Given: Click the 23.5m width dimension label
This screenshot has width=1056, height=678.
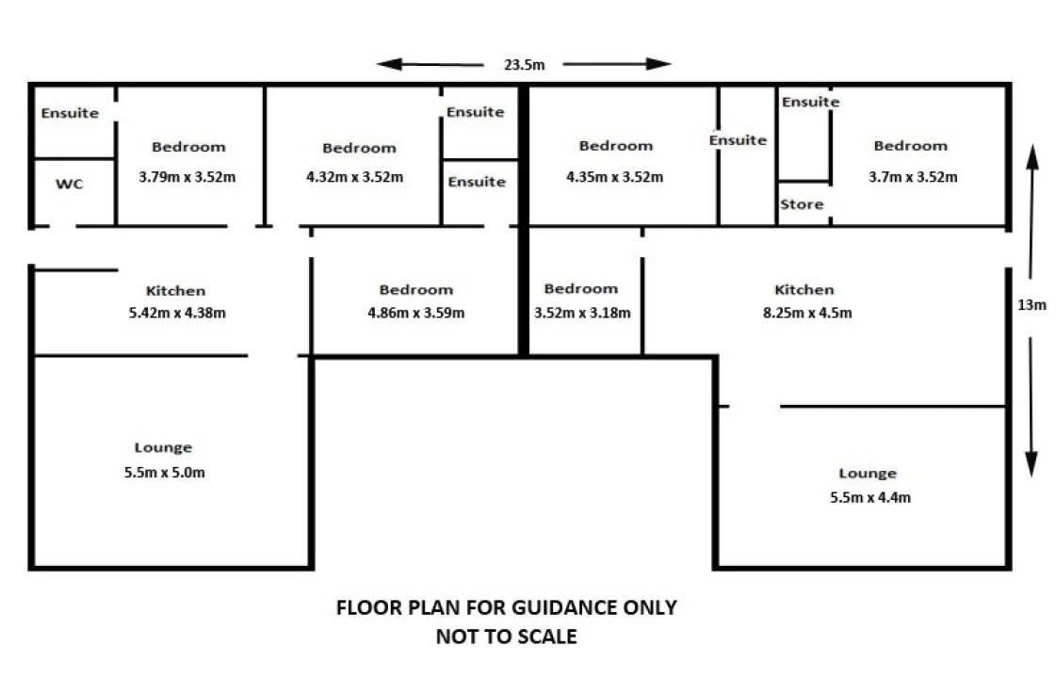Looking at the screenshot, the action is [x=524, y=65].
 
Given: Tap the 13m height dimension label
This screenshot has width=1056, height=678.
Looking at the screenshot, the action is [x=1032, y=305].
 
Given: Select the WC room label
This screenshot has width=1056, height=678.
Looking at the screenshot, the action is [x=70, y=184].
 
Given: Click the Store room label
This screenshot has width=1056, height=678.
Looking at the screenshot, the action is [x=802, y=204].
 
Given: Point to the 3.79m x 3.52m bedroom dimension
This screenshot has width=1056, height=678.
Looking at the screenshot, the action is [x=187, y=177].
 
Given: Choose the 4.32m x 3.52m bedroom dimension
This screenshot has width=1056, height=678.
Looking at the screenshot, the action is [x=355, y=177].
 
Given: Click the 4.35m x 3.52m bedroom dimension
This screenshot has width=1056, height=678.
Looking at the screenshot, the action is [x=615, y=177].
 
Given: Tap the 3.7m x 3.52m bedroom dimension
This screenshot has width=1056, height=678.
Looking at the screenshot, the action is [x=913, y=177].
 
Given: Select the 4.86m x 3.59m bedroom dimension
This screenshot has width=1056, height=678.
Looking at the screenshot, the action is [x=416, y=313].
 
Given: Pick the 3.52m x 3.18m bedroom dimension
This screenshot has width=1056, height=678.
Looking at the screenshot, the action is [x=582, y=313].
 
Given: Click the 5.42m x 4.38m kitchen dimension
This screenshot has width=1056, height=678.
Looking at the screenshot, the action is [x=177, y=313].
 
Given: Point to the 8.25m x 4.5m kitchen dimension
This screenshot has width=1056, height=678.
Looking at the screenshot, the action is [x=807, y=313].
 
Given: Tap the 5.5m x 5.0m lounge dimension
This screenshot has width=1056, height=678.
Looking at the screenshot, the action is [x=164, y=473].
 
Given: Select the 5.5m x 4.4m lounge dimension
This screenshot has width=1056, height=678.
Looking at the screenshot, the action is [x=870, y=497].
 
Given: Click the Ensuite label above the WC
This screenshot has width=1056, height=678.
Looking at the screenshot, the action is [x=70, y=113].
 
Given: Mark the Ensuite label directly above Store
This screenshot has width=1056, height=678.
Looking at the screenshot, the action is [x=811, y=102].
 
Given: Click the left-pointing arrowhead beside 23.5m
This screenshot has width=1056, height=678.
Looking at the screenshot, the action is [x=389, y=64].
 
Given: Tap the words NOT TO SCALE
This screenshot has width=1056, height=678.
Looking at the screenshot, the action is [x=507, y=637].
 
